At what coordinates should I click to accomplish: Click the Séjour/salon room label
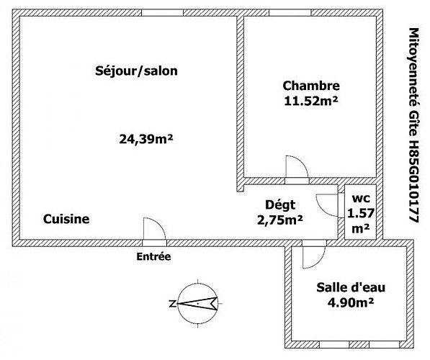click(136, 71)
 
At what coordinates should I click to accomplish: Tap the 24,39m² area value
click(146, 139)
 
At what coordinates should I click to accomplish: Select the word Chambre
click(311, 86)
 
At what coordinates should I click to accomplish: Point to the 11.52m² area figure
click(311, 102)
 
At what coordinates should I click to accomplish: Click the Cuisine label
click(66, 219)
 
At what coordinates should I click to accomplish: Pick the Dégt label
click(280, 204)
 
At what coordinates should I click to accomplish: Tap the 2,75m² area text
click(280, 220)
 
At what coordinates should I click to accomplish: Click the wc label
click(361, 198)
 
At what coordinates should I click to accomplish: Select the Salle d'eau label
click(351, 287)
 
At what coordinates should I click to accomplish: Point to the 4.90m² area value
click(351, 302)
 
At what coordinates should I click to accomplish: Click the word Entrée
click(153, 256)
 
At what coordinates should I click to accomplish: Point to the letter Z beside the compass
click(172, 304)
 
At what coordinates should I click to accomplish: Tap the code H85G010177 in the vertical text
click(414, 181)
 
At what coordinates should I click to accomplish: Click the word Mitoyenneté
click(414, 67)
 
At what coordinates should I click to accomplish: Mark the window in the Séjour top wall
click(162, 13)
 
